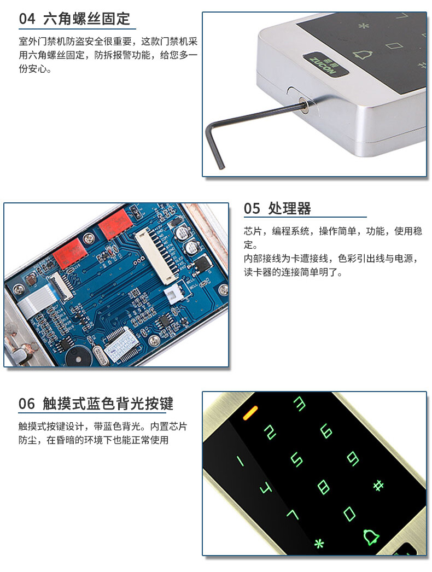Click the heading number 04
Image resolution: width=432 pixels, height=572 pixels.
click(x=27, y=19)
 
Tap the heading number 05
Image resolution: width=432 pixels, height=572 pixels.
click(x=252, y=209)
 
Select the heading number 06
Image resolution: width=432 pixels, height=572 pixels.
click(x=27, y=404)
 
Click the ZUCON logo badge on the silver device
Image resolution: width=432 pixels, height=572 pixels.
click(x=325, y=65)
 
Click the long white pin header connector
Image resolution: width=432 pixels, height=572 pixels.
click(x=157, y=256)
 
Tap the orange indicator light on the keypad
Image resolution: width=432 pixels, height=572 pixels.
click(x=250, y=412)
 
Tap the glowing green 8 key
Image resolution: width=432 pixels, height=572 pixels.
click(x=323, y=487)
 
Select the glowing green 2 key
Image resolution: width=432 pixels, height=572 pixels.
click(x=270, y=432)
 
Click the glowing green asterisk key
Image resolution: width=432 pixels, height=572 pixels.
click(x=319, y=544)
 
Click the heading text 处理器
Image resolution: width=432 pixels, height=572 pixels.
click(x=289, y=209)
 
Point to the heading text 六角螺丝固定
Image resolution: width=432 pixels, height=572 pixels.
click(x=86, y=19)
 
